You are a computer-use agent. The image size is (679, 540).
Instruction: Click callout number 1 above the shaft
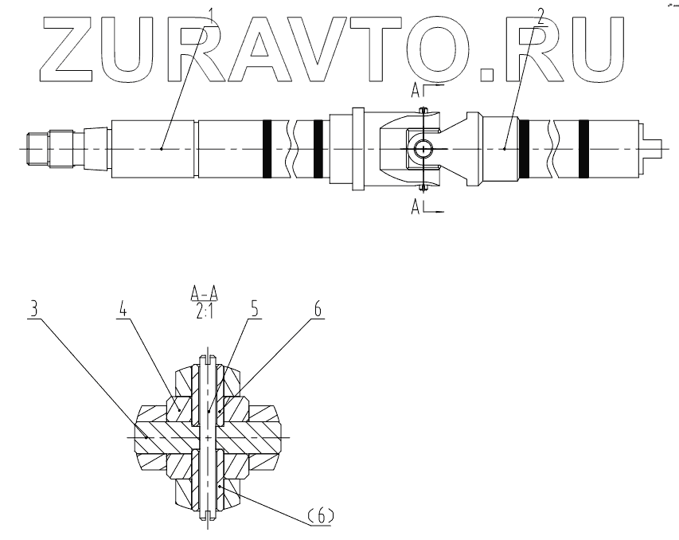pos(211,14)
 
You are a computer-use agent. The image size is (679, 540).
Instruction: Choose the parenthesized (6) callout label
pos(318,516)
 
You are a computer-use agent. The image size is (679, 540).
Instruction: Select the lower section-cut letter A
pos(416,208)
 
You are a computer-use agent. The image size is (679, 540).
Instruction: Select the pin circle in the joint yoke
pos(423,149)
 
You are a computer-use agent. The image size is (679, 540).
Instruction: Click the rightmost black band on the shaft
pos(583,149)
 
